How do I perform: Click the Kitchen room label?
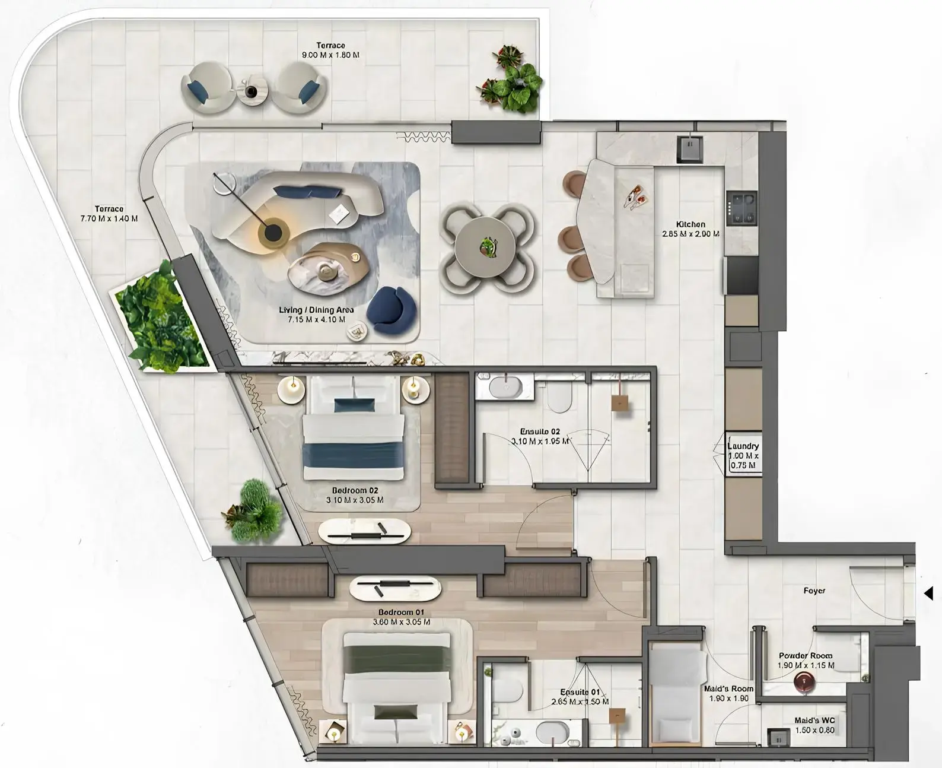click(x=690, y=224)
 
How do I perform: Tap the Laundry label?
click(x=743, y=446)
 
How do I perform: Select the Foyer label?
click(x=814, y=591)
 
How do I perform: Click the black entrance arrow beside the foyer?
click(x=929, y=592)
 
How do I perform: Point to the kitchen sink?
click(x=690, y=148)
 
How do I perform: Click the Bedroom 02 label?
click(x=355, y=491)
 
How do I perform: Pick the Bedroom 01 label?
click(x=401, y=612)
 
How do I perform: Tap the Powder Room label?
click(x=805, y=656)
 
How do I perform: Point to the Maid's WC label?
click(x=814, y=721)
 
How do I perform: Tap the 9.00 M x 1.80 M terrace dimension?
click(x=330, y=55)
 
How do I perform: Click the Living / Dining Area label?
click(x=316, y=310)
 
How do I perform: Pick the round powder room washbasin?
click(x=805, y=682)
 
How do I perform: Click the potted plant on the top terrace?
click(x=510, y=80)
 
